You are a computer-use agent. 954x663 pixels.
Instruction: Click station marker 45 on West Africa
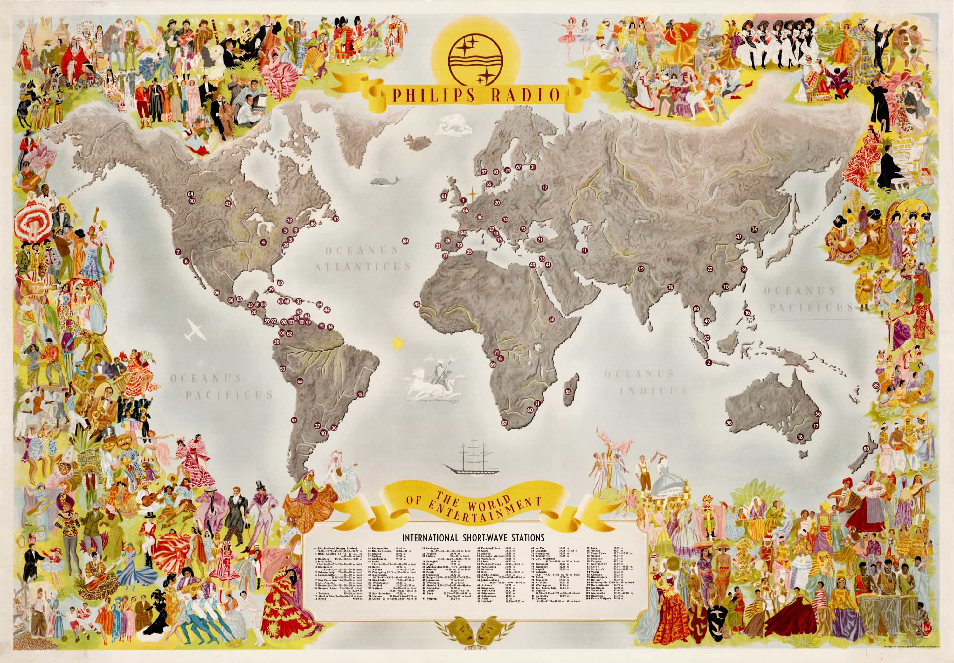coord(417,304)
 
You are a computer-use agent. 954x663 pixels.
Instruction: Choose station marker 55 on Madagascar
coord(568,392)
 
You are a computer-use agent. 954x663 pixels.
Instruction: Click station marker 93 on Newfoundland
coord(336,219)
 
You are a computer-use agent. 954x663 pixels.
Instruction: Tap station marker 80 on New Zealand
coord(866,449)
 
